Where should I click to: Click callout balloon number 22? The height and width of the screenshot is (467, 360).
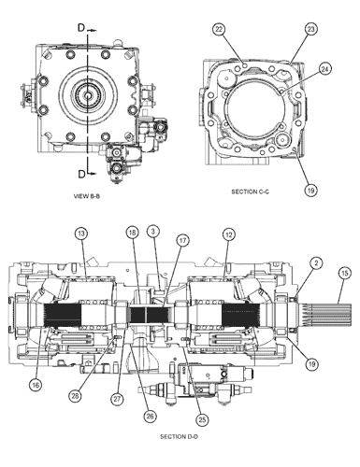click(x=220, y=29)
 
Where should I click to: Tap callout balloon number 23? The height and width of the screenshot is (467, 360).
click(x=310, y=29)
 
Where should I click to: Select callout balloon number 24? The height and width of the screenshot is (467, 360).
click(x=324, y=69)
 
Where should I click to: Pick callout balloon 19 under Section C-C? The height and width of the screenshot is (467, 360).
click(x=310, y=190)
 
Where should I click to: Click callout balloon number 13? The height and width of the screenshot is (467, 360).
click(x=81, y=233)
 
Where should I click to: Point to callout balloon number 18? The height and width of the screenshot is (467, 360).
click(x=133, y=233)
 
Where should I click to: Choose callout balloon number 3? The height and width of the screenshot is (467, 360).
click(x=153, y=231)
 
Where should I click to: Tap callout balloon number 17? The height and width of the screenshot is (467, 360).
click(x=182, y=240)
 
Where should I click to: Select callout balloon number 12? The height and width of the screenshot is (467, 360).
click(x=229, y=234)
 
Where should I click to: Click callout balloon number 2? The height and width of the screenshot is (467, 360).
click(x=316, y=263)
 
